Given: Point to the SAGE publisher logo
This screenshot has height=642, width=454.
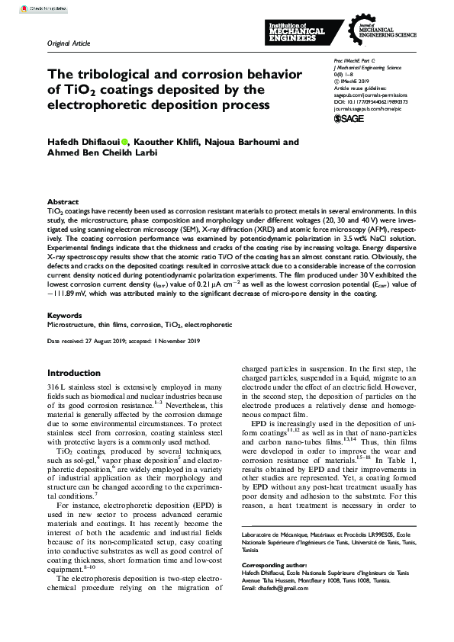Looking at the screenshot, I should point(349,119).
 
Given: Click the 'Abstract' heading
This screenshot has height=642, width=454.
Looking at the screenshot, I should point(63,201).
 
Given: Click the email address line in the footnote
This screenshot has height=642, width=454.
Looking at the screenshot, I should point(268,589).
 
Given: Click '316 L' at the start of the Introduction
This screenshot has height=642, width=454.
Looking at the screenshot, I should point(57,387).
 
